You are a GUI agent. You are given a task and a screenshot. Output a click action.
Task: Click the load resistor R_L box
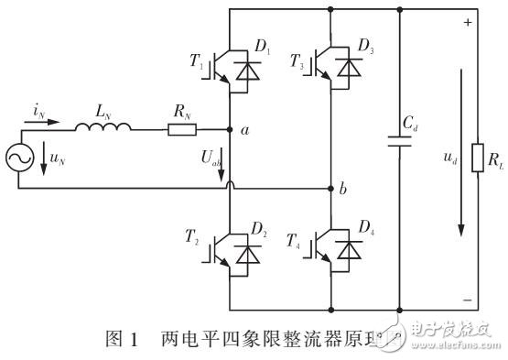pos(476,158)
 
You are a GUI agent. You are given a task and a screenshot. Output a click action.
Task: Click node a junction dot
pos(228,130)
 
